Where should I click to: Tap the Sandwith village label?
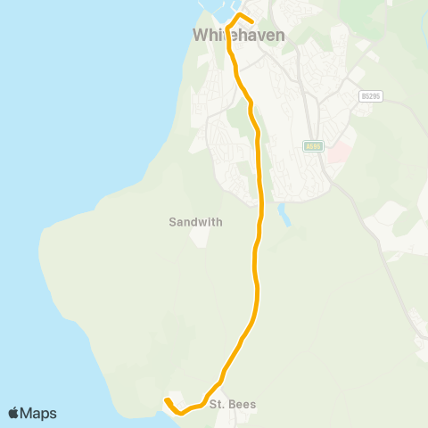tap(195, 222)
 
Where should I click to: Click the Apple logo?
tap(14, 413)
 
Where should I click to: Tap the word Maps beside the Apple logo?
tap(38, 413)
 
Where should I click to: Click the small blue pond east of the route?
tap(284, 214)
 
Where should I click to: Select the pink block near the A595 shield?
tap(338, 154)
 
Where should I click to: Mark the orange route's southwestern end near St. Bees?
tap(167, 400)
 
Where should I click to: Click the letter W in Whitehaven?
tap(199, 35)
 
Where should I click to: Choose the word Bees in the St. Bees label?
tap(243, 404)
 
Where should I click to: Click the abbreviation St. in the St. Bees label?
tap(217, 404)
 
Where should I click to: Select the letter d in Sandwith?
tap(193, 222)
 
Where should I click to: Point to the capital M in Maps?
tap(27, 413)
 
